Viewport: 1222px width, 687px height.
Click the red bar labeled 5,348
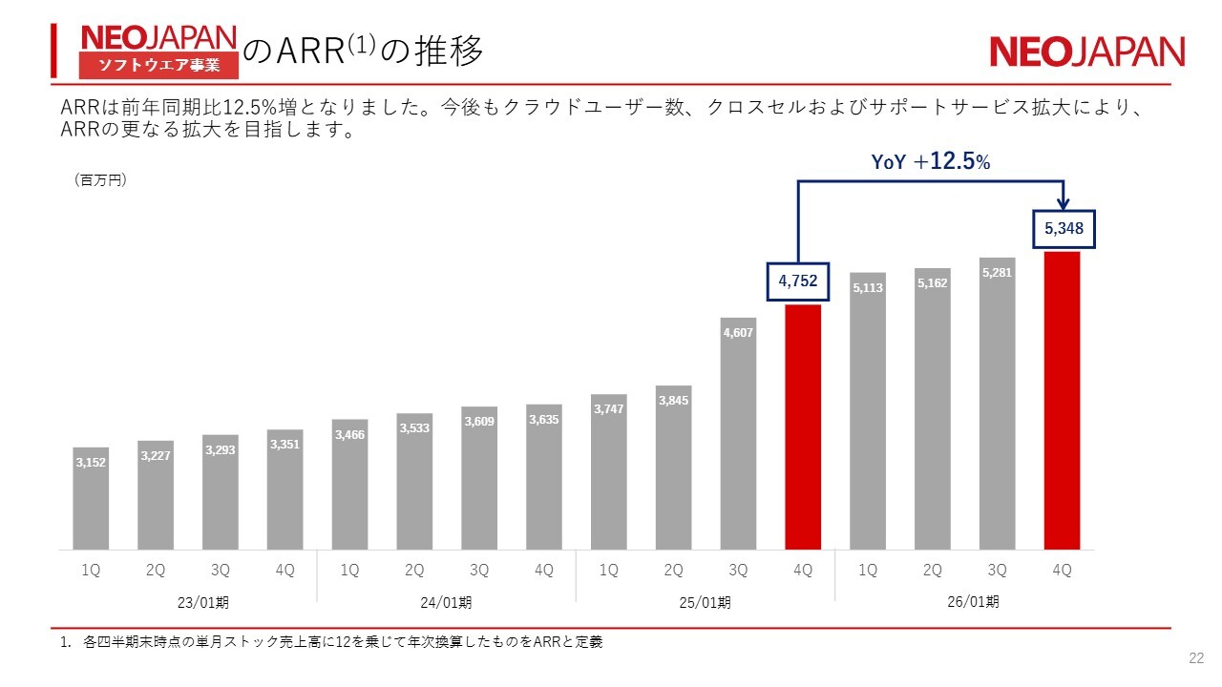[1062, 401]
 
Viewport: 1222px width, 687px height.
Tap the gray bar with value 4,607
[738, 434]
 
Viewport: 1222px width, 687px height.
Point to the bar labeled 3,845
[673, 468]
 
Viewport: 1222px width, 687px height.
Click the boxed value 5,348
[1064, 229]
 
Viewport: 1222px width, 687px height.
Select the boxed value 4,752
[799, 281]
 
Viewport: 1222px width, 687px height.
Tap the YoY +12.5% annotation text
[931, 162]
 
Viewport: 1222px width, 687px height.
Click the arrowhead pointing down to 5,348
[1064, 203]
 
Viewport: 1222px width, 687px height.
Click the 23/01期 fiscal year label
[202, 602]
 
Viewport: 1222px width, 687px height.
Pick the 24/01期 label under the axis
[446, 602]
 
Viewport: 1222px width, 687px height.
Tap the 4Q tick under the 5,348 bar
[1062, 570]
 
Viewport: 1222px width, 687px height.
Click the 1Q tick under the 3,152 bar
[91, 570]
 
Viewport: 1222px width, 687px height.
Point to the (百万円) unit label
[100, 179]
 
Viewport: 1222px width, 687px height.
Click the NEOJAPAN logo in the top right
[1086, 52]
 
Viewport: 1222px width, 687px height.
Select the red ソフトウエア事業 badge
[158, 65]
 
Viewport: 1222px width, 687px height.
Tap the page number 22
[1195, 658]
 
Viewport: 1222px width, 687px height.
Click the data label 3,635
[543, 419]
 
